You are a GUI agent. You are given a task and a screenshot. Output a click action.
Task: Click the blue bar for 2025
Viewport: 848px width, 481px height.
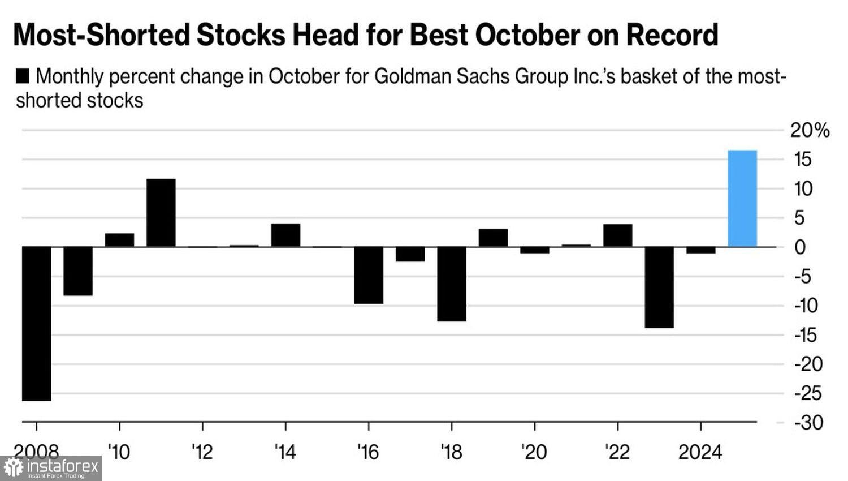(742, 199)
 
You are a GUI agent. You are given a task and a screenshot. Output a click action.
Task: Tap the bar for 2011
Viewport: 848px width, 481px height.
(161, 213)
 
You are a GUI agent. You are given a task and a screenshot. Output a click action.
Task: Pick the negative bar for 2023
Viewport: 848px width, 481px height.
(659, 287)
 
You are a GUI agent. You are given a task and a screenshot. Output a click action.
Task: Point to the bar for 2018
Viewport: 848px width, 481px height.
(452, 284)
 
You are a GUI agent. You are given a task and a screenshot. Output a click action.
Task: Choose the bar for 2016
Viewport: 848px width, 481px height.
(369, 276)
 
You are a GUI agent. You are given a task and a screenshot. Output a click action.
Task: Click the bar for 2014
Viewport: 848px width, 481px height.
(285, 235)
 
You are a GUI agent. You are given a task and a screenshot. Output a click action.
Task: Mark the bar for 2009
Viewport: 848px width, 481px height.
(78, 271)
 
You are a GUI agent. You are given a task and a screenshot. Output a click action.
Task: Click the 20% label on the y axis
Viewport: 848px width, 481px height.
(810, 131)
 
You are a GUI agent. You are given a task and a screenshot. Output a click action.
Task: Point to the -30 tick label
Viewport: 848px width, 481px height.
(808, 423)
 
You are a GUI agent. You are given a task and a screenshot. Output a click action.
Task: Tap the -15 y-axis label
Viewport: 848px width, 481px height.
(808, 336)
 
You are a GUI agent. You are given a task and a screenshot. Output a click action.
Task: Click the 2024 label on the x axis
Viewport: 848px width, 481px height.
(700, 452)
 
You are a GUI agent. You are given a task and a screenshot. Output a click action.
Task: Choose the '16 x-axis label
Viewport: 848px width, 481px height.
(368, 452)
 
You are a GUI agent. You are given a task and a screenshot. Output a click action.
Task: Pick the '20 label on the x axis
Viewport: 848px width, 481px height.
(534, 452)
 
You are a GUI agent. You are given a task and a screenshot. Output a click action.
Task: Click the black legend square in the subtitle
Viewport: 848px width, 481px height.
(23, 76)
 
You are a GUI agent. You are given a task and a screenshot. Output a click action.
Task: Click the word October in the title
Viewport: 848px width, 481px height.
(527, 35)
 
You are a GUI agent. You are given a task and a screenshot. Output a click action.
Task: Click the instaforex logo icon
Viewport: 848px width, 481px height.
(14, 469)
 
